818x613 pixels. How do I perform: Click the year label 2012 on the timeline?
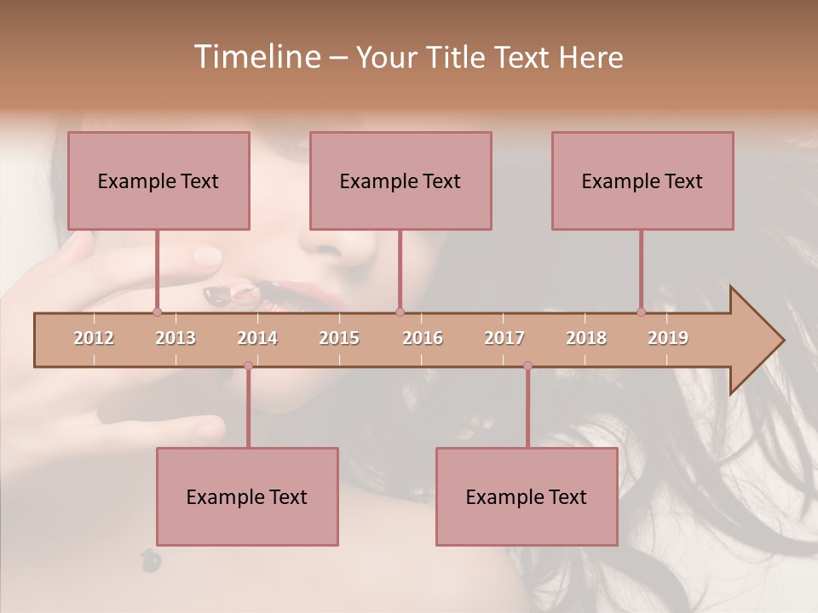[x=94, y=338]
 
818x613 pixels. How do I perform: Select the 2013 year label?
[x=176, y=338]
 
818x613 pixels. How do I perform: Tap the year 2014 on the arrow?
[x=257, y=338]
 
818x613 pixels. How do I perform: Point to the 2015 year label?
[x=339, y=338]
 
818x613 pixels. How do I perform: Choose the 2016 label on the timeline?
[x=423, y=338]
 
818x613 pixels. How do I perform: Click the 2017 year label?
[x=504, y=338]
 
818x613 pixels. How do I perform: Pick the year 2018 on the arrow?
[x=586, y=338]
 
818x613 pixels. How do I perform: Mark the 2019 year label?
[x=668, y=338]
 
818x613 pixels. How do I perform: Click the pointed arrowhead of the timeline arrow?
[x=763, y=340]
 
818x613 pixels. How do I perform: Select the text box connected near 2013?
[x=158, y=181]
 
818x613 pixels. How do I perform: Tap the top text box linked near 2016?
[x=400, y=181]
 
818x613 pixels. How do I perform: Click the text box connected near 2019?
[x=642, y=181]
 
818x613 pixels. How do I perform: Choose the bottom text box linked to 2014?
[x=247, y=497]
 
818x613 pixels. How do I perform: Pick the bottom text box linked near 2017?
[x=527, y=497]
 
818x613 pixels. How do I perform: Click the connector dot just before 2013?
[x=157, y=312]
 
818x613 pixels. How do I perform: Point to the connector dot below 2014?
[x=248, y=366]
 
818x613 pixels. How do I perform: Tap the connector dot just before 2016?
[x=400, y=312]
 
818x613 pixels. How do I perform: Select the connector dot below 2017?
[x=527, y=366]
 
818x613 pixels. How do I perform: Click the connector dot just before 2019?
[x=641, y=312]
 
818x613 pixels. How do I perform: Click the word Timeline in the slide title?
[x=256, y=57]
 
